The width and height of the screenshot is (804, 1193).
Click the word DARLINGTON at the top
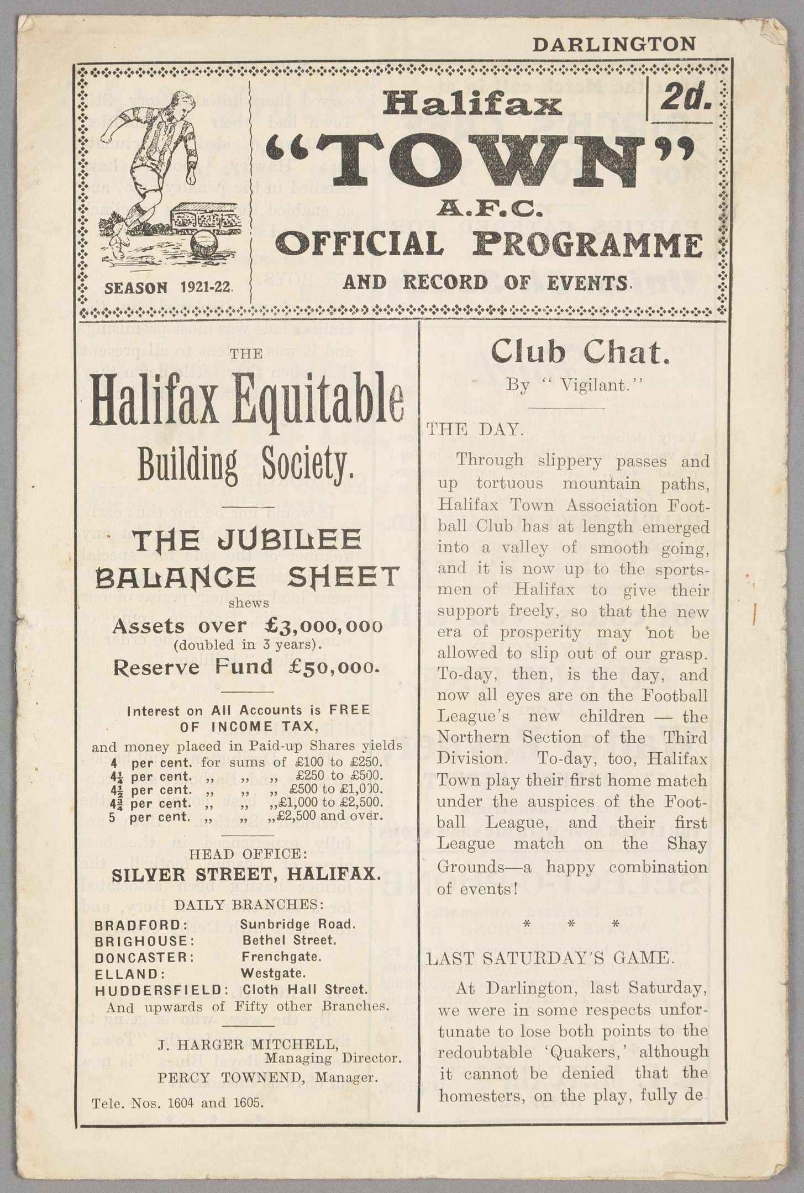click(x=613, y=45)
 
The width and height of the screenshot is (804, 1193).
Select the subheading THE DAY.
click(x=475, y=430)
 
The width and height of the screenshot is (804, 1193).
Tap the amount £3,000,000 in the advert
click(x=323, y=626)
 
